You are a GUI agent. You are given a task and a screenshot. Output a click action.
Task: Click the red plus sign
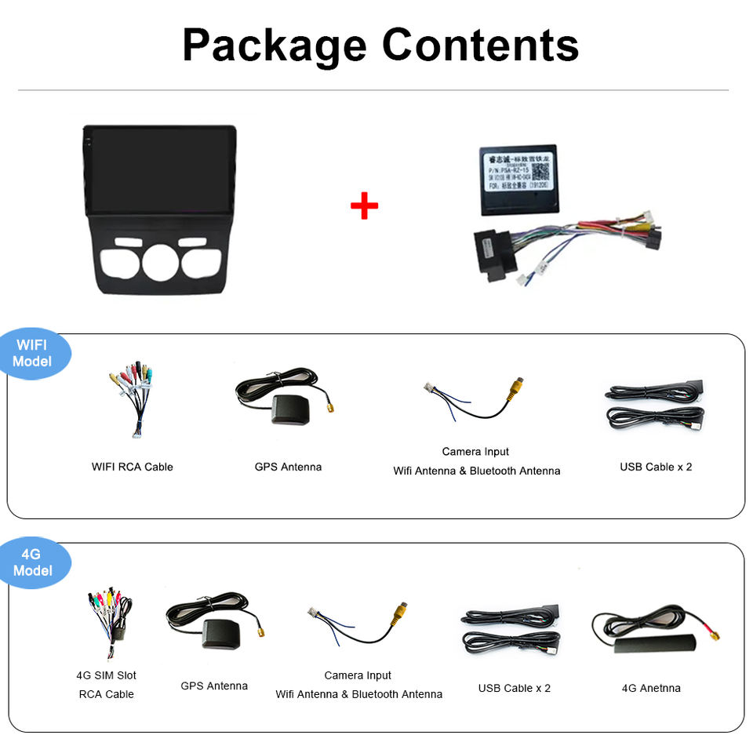pyautogui.click(x=364, y=206)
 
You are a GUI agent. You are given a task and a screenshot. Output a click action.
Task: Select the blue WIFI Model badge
pyautogui.click(x=33, y=353)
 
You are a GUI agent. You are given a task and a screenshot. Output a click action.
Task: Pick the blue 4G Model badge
pyautogui.click(x=33, y=562)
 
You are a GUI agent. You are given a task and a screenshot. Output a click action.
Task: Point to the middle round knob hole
pyautogui.click(x=160, y=262)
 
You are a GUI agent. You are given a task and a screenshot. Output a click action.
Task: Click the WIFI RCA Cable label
pyautogui.click(x=132, y=467)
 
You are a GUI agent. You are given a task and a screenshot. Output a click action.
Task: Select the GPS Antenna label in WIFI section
pyautogui.click(x=288, y=467)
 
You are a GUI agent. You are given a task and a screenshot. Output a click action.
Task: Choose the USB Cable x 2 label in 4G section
pyautogui.click(x=515, y=688)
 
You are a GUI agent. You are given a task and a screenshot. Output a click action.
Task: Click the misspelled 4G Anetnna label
pyautogui.click(x=651, y=688)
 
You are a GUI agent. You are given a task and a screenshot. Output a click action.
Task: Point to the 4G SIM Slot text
pyautogui.click(x=106, y=675)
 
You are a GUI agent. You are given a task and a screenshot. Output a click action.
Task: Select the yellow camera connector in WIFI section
pyautogui.click(x=515, y=388)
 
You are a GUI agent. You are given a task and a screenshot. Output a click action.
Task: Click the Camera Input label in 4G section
pyautogui.click(x=358, y=675)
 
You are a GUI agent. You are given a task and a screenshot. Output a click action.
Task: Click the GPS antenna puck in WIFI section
pyautogui.click(x=290, y=409)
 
